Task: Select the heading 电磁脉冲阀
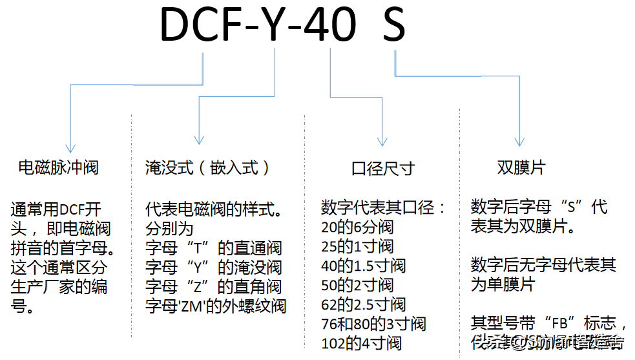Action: pos(59,168)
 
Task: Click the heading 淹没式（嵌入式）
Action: pos(208,168)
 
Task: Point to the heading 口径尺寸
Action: pos(383,169)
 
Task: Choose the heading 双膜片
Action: pos(521,168)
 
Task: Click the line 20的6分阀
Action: pos(357,228)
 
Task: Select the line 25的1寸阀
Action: pos(357,247)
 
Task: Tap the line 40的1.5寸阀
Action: pos(363,266)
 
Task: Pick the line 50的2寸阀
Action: pos(357,285)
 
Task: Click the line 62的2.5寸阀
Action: pos(363,304)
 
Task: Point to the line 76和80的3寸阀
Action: pos(373,324)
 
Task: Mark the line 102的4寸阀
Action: pos(361,343)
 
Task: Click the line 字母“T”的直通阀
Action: pos(214,248)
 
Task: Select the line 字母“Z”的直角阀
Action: pos(214,286)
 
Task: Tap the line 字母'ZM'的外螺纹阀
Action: pos(216,306)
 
